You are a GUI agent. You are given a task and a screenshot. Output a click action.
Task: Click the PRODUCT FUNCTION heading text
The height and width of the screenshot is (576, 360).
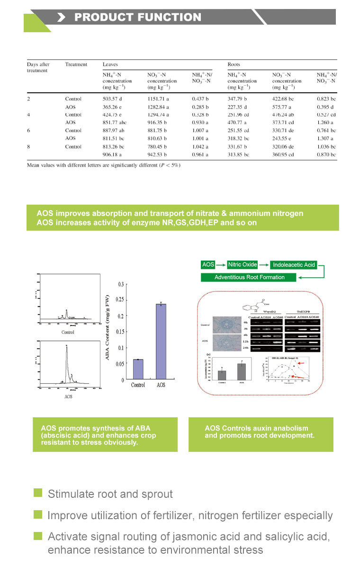click(137, 18)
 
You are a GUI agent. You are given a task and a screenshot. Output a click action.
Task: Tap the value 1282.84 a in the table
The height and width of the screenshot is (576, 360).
click(162, 107)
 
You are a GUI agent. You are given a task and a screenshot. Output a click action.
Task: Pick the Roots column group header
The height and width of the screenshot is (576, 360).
click(234, 64)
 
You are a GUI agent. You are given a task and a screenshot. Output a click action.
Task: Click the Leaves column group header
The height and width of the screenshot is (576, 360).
click(110, 64)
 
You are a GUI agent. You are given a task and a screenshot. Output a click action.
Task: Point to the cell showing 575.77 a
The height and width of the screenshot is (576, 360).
click(286, 107)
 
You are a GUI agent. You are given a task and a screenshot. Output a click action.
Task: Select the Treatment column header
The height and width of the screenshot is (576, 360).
click(76, 64)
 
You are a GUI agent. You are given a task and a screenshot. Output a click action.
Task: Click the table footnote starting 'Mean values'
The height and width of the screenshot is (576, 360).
click(103, 165)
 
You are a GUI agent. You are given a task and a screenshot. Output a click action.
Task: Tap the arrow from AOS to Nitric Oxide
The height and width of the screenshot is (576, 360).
click(221, 265)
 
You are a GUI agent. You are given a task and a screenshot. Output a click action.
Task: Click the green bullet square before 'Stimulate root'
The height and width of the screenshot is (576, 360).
click(38, 493)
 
